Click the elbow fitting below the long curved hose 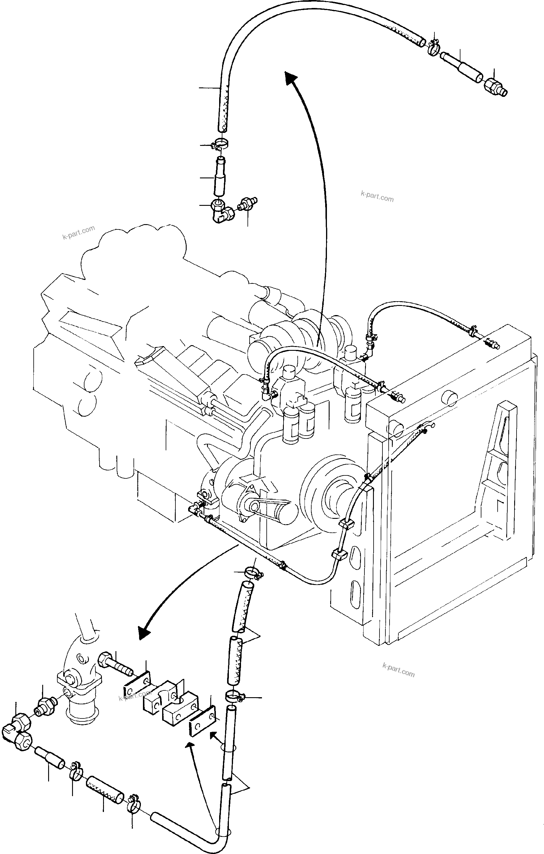point(221,211)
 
